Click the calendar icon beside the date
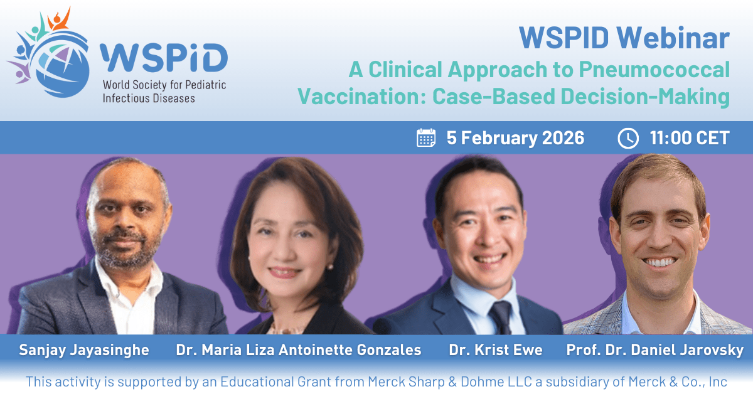click(x=426, y=138)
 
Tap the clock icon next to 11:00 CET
click(x=628, y=138)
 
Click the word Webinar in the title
click(x=673, y=38)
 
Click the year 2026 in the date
click(x=563, y=138)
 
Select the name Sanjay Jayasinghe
click(x=84, y=350)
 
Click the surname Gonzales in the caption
click(x=389, y=350)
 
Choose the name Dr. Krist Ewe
click(x=496, y=350)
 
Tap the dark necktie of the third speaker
click(x=501, y=317)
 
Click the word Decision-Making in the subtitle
click(x=646, y=97)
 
